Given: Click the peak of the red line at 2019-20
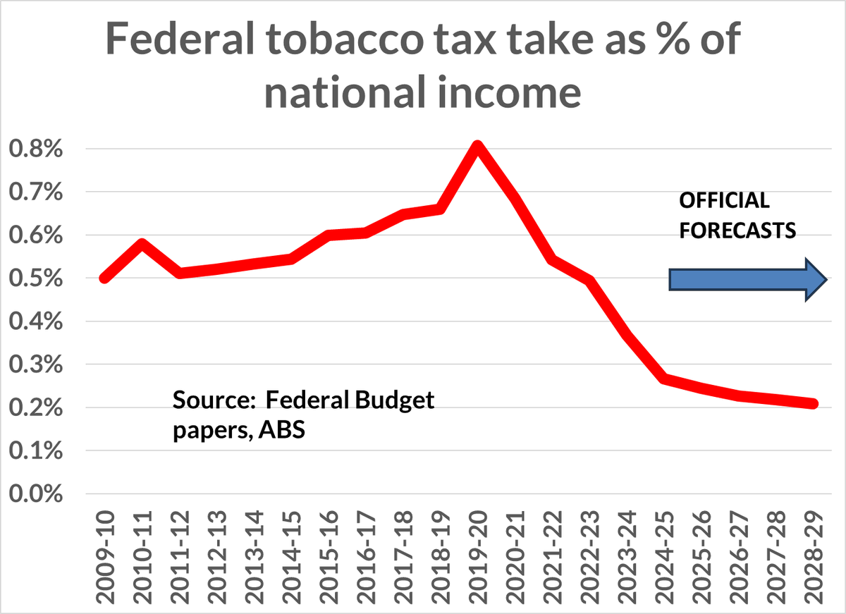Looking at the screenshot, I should (x=478, y=147).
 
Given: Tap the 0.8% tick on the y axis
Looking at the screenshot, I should (x=35, y=149).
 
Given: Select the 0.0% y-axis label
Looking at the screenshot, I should (x=35, y=494).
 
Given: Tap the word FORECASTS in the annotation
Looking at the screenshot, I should (x=737, y=231).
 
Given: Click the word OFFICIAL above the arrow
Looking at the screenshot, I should (x=724, y=202).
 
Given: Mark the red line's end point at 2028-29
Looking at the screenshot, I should (x=813, y=404).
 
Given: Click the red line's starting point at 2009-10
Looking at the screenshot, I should (x=105, y=278).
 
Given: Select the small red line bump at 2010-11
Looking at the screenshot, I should (x=142, y=245).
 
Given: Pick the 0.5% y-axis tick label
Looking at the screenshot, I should (x=35, y=279).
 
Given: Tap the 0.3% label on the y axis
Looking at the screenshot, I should (x=35, y=365).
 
